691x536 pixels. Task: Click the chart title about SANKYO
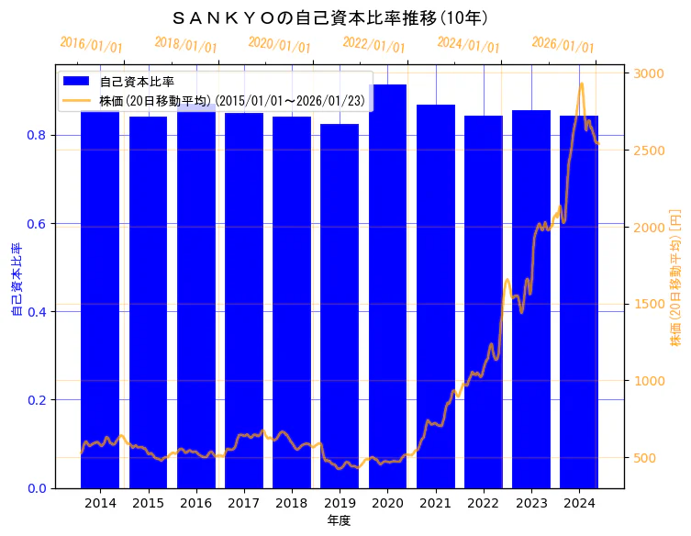click(329, 17)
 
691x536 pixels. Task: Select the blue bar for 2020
click(387, 285)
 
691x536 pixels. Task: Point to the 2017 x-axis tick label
click(244, 503)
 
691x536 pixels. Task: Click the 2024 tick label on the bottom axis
click(579, 503)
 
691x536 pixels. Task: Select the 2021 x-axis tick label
click(435, 503)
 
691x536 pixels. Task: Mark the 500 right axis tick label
click(646, 458)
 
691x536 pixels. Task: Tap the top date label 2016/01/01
click(91, 44)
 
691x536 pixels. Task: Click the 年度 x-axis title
click(340, 520)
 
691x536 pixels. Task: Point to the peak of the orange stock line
click(581, 84)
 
